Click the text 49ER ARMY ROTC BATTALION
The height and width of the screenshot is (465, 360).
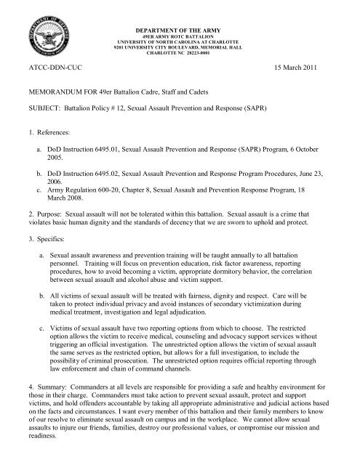[180, 21]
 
